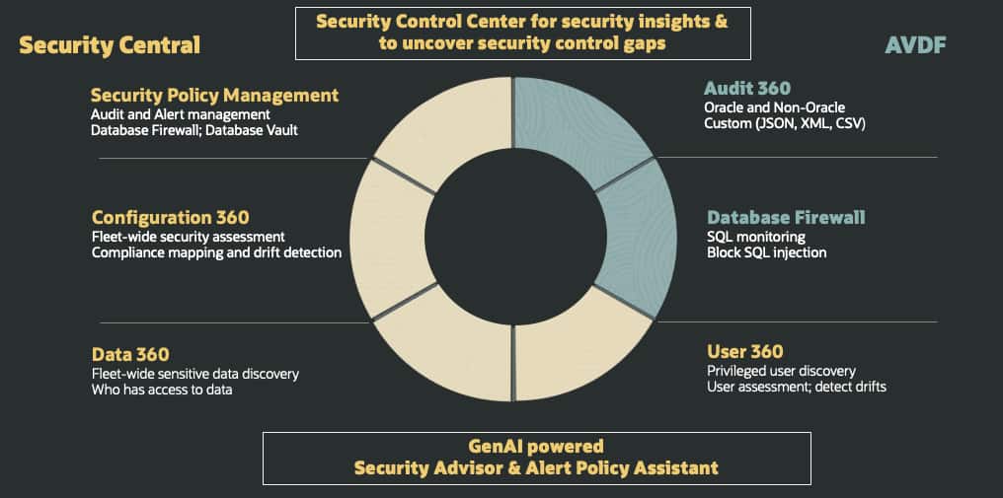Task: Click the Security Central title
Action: coord(110,45)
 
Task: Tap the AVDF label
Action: coord(915,45)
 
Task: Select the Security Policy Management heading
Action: coord(214,96)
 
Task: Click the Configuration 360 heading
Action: coord(170,217)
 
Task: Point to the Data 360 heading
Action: coord(130,354)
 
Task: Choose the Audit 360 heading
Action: coord(747,88)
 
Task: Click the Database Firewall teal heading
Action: coord(786,217)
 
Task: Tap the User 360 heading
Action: coord(744,352)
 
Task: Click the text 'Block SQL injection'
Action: coord(766,252)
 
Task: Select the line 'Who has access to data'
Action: coord(162,390)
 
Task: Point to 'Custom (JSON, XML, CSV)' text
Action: coord(784,124)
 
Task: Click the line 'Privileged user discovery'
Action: coord(781,371)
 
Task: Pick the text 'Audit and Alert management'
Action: coord(181,115)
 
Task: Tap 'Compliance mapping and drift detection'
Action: coord(216,252)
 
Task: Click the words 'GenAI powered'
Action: coord(536,446)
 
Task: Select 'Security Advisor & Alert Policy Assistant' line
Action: coord(536,467)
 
